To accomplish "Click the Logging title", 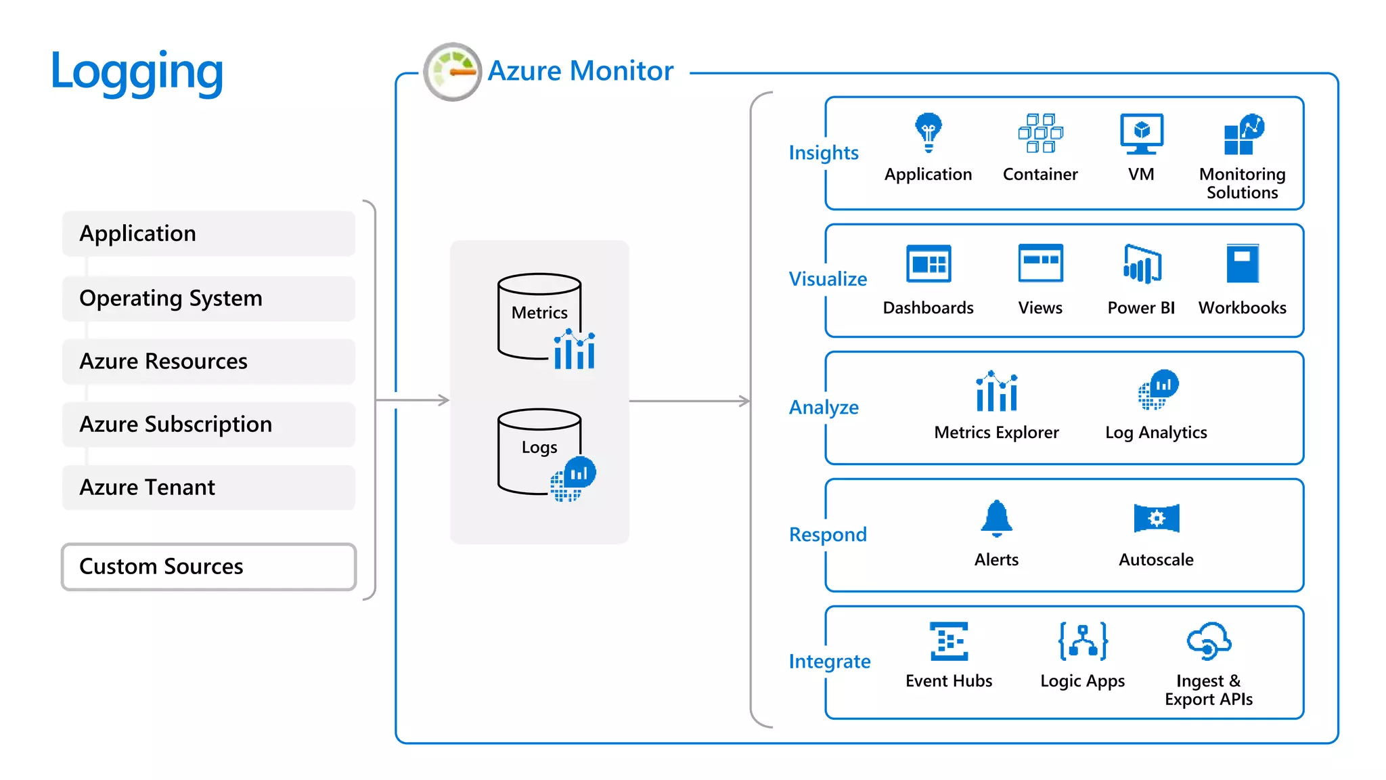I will coord(137,72).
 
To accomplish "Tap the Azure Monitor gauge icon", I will coord(452,72).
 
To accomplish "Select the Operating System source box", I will coord(208,299).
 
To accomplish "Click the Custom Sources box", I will coord(208,567).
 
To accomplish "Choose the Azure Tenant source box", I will coord(208,487).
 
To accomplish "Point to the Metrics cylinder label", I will coord(539,313).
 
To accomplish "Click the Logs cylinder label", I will coord(539,448).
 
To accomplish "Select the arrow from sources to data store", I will coord(413,400).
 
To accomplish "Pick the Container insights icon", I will coord(1040,133).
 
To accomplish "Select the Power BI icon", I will coord(1142,264).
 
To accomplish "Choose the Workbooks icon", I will coord(1242,263).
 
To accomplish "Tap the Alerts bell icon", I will coord(996,519).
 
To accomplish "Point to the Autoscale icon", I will coord(1156,519).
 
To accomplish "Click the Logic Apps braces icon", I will coord(1083,641).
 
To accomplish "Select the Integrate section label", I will coord(830,662).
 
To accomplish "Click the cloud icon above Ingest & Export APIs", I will coord(1209,641).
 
